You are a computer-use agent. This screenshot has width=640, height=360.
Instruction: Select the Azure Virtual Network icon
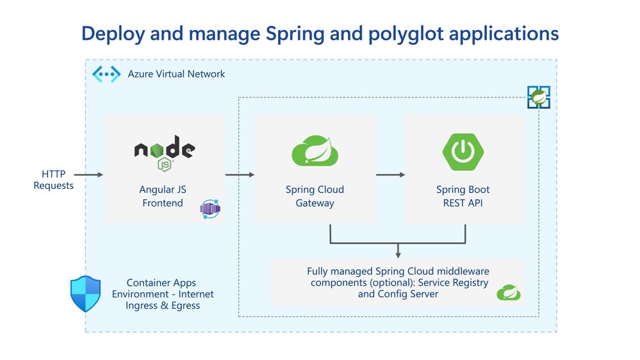pos(106,74)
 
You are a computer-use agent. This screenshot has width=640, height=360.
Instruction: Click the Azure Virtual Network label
pos(176,74)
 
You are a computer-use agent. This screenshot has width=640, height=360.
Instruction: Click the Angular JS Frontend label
pos(162,197)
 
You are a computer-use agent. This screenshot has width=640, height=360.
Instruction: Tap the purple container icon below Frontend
pos(210,209)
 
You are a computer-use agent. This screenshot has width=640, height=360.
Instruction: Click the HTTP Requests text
pos(54,180)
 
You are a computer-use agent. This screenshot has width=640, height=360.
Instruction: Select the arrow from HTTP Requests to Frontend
pos(89,174)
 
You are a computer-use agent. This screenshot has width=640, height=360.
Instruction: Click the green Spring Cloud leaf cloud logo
pos(315,152)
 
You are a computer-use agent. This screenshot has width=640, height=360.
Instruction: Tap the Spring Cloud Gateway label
pos(315,197)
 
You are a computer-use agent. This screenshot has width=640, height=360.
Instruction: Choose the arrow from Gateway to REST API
pos(390,174)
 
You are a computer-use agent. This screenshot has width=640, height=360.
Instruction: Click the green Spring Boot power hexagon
pos(463,152)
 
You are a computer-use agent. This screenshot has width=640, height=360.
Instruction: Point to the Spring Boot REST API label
pos(463,197)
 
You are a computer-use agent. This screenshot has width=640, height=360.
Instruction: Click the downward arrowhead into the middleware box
pos(398,254)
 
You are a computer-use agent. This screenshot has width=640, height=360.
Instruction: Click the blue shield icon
pos(85,293)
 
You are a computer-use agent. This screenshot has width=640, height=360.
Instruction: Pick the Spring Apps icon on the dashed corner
pos(538,97)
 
